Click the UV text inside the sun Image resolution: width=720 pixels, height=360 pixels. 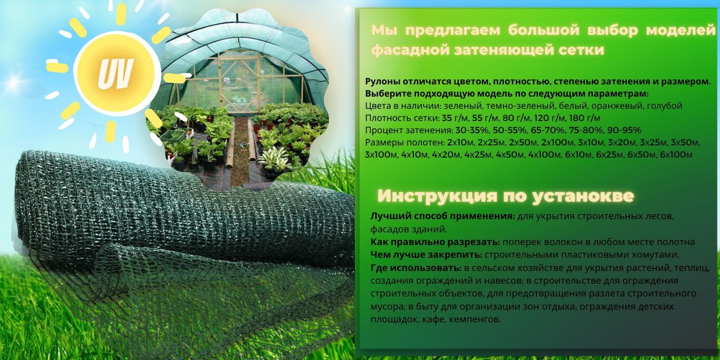116,73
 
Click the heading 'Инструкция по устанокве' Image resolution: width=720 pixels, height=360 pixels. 505,196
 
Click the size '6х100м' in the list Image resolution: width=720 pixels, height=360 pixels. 676,155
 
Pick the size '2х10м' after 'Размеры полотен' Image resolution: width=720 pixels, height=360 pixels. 460,142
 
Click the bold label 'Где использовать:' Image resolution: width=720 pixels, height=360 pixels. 416,268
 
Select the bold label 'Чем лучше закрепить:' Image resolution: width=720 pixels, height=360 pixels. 426,255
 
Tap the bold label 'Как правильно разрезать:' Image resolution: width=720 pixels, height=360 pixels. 435,242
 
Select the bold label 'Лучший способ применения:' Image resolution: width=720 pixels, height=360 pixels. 443,217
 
